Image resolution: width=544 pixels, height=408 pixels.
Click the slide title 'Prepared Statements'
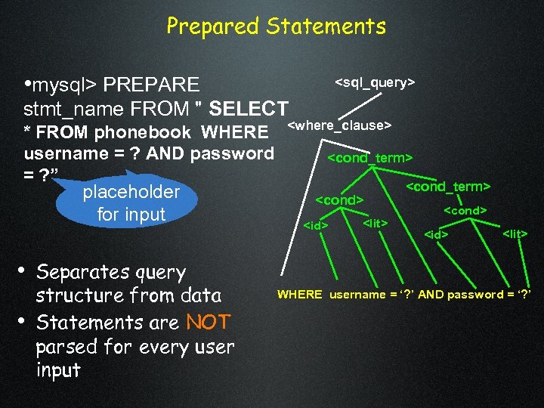tap(276, 27)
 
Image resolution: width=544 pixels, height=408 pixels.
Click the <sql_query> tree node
tap(375, 82)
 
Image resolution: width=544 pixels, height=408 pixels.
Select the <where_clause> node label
tap(339, 125)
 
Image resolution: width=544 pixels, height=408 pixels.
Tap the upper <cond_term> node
tap(369, 158)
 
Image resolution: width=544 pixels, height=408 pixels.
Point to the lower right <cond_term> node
tap(449, 185)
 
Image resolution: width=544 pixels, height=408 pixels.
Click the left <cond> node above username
tap(339, 201)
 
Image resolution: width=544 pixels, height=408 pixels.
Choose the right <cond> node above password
tap(465, 209)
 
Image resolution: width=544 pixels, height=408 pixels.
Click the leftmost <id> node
tap(315, 225)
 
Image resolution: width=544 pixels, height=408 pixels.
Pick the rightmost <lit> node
tap(515, 234)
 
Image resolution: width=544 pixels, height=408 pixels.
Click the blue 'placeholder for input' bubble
tap(131, 202)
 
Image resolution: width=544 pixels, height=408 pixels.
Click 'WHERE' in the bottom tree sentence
tap(299, 295)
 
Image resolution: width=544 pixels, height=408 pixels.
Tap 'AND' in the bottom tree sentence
tap(431, 295)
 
